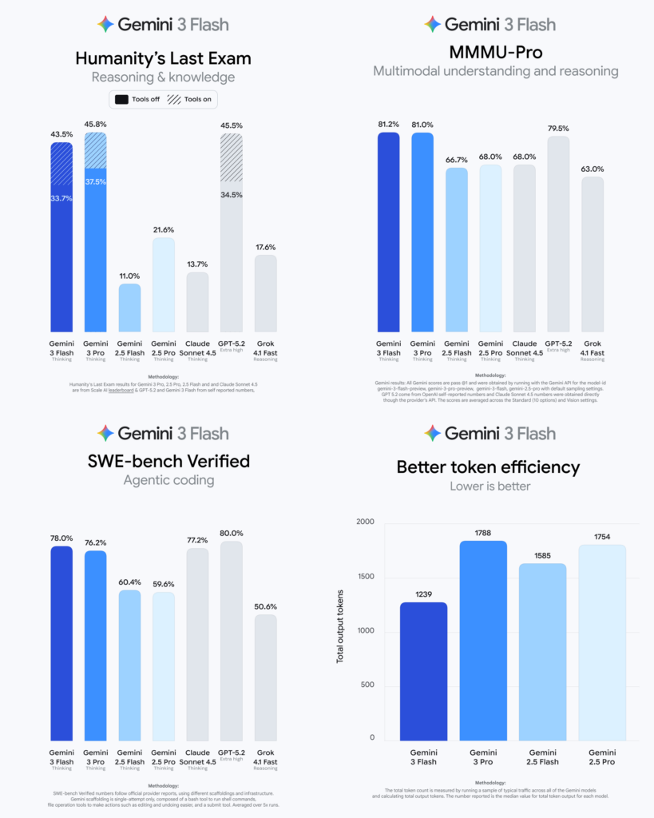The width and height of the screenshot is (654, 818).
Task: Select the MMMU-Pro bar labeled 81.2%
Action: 388,232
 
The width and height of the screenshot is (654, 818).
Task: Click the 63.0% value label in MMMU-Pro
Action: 592,169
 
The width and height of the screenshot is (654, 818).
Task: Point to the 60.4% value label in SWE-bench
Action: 130,583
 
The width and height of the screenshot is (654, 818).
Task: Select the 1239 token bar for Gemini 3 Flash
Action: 424,671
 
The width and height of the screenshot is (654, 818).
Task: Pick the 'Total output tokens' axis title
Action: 340,621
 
